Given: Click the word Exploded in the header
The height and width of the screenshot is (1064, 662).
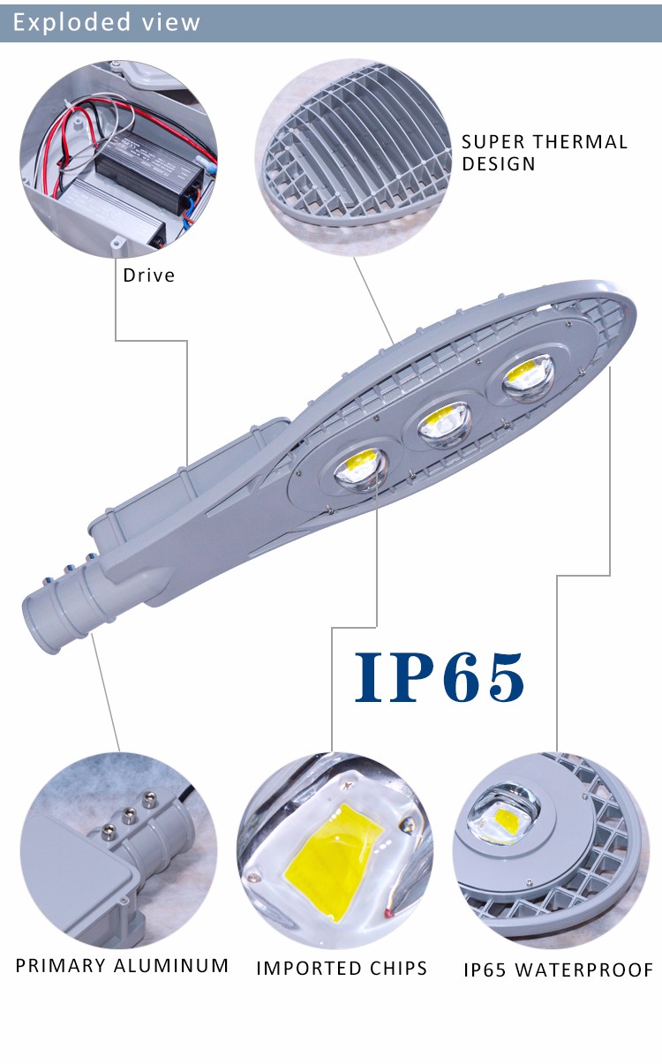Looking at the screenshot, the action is point(71,22).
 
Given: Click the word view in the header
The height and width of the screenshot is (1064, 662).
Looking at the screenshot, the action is point(171,22).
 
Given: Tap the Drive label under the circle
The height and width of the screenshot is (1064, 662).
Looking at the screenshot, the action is point(148,275).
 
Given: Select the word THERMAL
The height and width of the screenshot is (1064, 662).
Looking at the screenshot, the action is point(580,142).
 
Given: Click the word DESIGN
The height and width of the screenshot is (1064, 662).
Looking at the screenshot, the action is point(499,164).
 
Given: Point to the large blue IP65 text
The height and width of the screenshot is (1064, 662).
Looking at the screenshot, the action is point(440,677).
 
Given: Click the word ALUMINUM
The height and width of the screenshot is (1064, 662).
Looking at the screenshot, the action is point(171,965).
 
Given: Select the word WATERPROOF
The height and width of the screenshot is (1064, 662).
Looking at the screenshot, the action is point(584,970).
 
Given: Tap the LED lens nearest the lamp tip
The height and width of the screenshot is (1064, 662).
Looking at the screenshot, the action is point(529,378).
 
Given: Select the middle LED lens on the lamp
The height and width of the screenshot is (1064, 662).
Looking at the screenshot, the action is point(445,425).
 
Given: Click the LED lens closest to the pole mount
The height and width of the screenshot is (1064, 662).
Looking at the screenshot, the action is point(361,471).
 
